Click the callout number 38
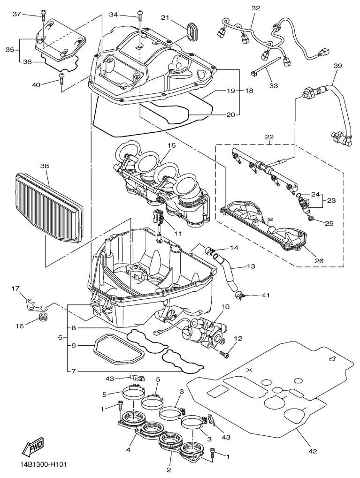[x=45, y=166]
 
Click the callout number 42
[x=313, y=451]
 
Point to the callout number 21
[x=165, y=17]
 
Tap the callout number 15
[x=171, y=146]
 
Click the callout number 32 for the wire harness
[x=255, y=8]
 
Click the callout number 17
[x=15, y=289]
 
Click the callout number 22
[x=268, y=137]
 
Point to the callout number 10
[x=225, y=307]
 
